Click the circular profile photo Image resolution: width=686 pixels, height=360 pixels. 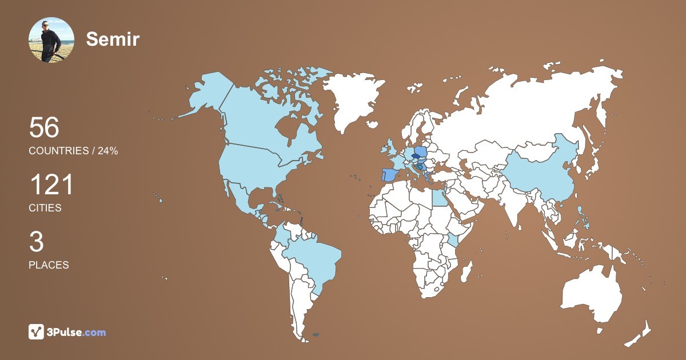[x=51, y=40]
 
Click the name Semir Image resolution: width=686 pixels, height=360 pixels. [x=113, y=39]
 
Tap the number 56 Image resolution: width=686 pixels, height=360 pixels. [x=44, y=127]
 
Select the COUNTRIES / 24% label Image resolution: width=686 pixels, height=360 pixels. [x=73, y=151]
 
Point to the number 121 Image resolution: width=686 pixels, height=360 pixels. [x=51, y=185]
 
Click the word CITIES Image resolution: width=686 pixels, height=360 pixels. [x=45, y=208]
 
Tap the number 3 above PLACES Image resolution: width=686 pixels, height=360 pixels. [x=36, y=242]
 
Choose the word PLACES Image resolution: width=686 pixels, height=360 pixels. [x=49, y=265]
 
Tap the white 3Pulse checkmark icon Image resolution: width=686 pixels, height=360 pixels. [x=37, y=332]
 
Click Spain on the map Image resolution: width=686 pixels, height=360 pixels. [x=389, y=174]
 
